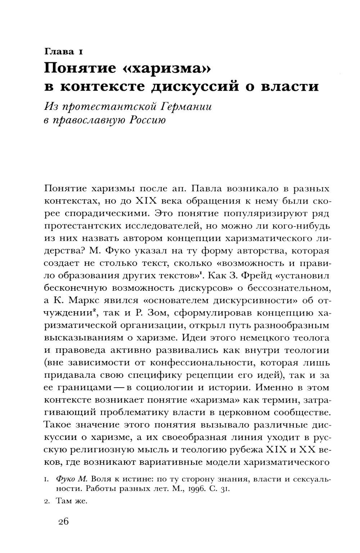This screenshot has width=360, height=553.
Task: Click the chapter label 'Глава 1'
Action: (64, 52)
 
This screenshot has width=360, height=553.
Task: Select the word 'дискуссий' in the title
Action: (210, 87)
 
